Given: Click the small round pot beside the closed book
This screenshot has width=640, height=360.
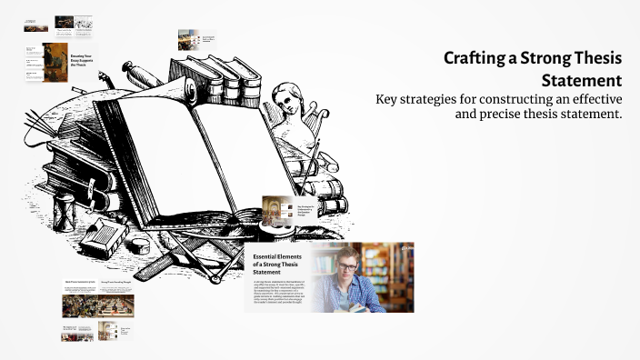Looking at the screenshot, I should (139, 244).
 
